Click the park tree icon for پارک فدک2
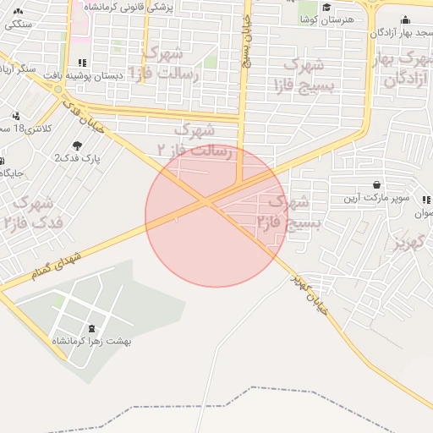click(78, 145)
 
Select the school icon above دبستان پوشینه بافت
click(82, 63)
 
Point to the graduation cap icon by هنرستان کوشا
click(326, 8)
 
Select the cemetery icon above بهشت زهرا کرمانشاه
click(92, 328)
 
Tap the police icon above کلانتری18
click(16, 117)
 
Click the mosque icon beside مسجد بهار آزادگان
click(404, 20)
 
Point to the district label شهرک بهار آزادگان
click(405, 69)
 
